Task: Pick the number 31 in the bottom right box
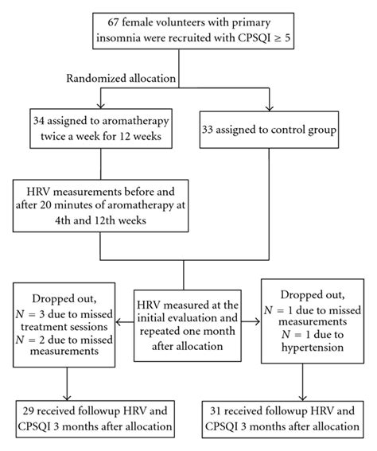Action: [x=239, y=410]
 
